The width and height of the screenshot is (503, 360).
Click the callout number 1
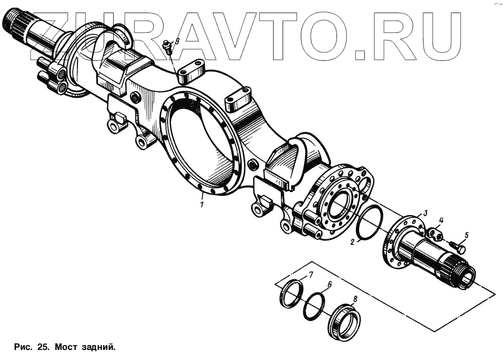pos(201,205)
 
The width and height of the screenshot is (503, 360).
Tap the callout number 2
pos(353,242)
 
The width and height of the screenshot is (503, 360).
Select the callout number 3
pos(425,213)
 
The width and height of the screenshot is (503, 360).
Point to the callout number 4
pos(441,220)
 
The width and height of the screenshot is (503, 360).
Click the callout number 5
pos(466,235)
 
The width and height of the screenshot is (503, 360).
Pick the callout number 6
pos(330,285)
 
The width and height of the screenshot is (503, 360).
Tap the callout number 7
pos(311,275)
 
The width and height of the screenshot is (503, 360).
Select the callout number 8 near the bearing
pos(355,299)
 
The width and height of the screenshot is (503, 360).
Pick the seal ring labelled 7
pos(292,296)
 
